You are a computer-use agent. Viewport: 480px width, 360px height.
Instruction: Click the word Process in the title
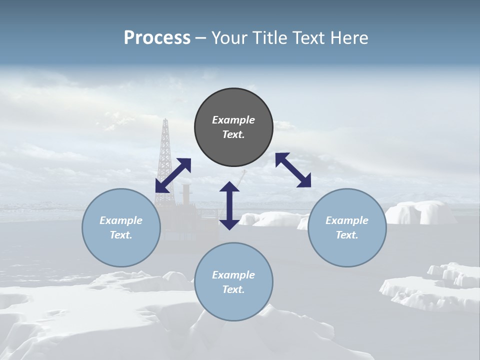pos(157,38)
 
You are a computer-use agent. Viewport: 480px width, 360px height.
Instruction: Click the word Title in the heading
pos(267,38)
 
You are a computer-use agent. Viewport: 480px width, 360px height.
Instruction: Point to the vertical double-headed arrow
pos(229,205)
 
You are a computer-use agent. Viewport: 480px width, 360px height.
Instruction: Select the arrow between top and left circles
pos(173,175)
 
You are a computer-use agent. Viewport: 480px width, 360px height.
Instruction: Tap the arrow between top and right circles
pos(293,170)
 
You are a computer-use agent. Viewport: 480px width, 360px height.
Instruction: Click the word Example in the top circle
pos(233,120)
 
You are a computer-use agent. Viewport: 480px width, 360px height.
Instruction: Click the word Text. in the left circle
pos(121,235)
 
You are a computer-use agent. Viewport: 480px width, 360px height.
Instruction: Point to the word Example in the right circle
pos(347,220)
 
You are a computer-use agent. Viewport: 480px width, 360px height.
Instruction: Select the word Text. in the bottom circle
pos(233,289)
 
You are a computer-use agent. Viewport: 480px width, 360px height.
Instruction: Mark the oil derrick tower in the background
pos(164,150)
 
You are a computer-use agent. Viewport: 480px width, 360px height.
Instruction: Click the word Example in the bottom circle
pos(233,275)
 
